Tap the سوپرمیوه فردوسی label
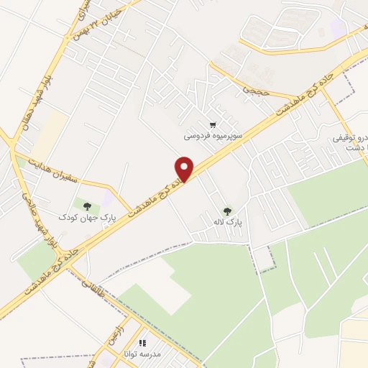213,134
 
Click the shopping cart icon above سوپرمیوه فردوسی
213,124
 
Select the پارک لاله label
228,222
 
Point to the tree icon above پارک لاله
228,211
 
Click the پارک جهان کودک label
76,216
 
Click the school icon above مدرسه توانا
142,344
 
